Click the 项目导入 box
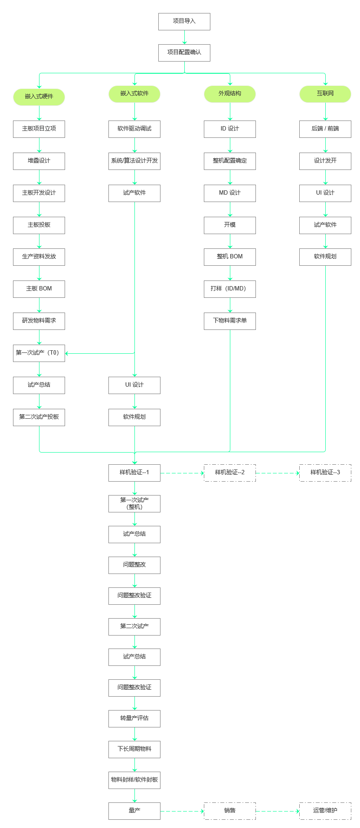[x=184, y=21]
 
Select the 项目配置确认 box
[x=184, y=52]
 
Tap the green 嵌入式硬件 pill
[x=39, y=97]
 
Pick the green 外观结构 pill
[x=230, y=94]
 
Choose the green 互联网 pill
[x=325, y=94]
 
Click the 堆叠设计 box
[x=39, y=161]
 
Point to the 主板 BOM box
[x=39, y=289]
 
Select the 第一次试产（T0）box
[x=39, y=353]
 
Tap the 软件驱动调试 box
[x=134, y=129]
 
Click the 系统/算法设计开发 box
[x=134, y=161]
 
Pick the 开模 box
[x=230, y=225]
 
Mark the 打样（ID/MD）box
[x=230, y=289]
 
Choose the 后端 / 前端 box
[x=325, y=129]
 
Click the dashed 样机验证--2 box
[x=230, y=473]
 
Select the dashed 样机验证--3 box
[x=325, y=473]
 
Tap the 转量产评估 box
[x=134, y=718]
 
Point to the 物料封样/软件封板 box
[x=134, y=780]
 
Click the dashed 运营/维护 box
[x=325, y=811]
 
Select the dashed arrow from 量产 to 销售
[x=182, y=811]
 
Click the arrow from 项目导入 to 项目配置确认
[x=184, y=37]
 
